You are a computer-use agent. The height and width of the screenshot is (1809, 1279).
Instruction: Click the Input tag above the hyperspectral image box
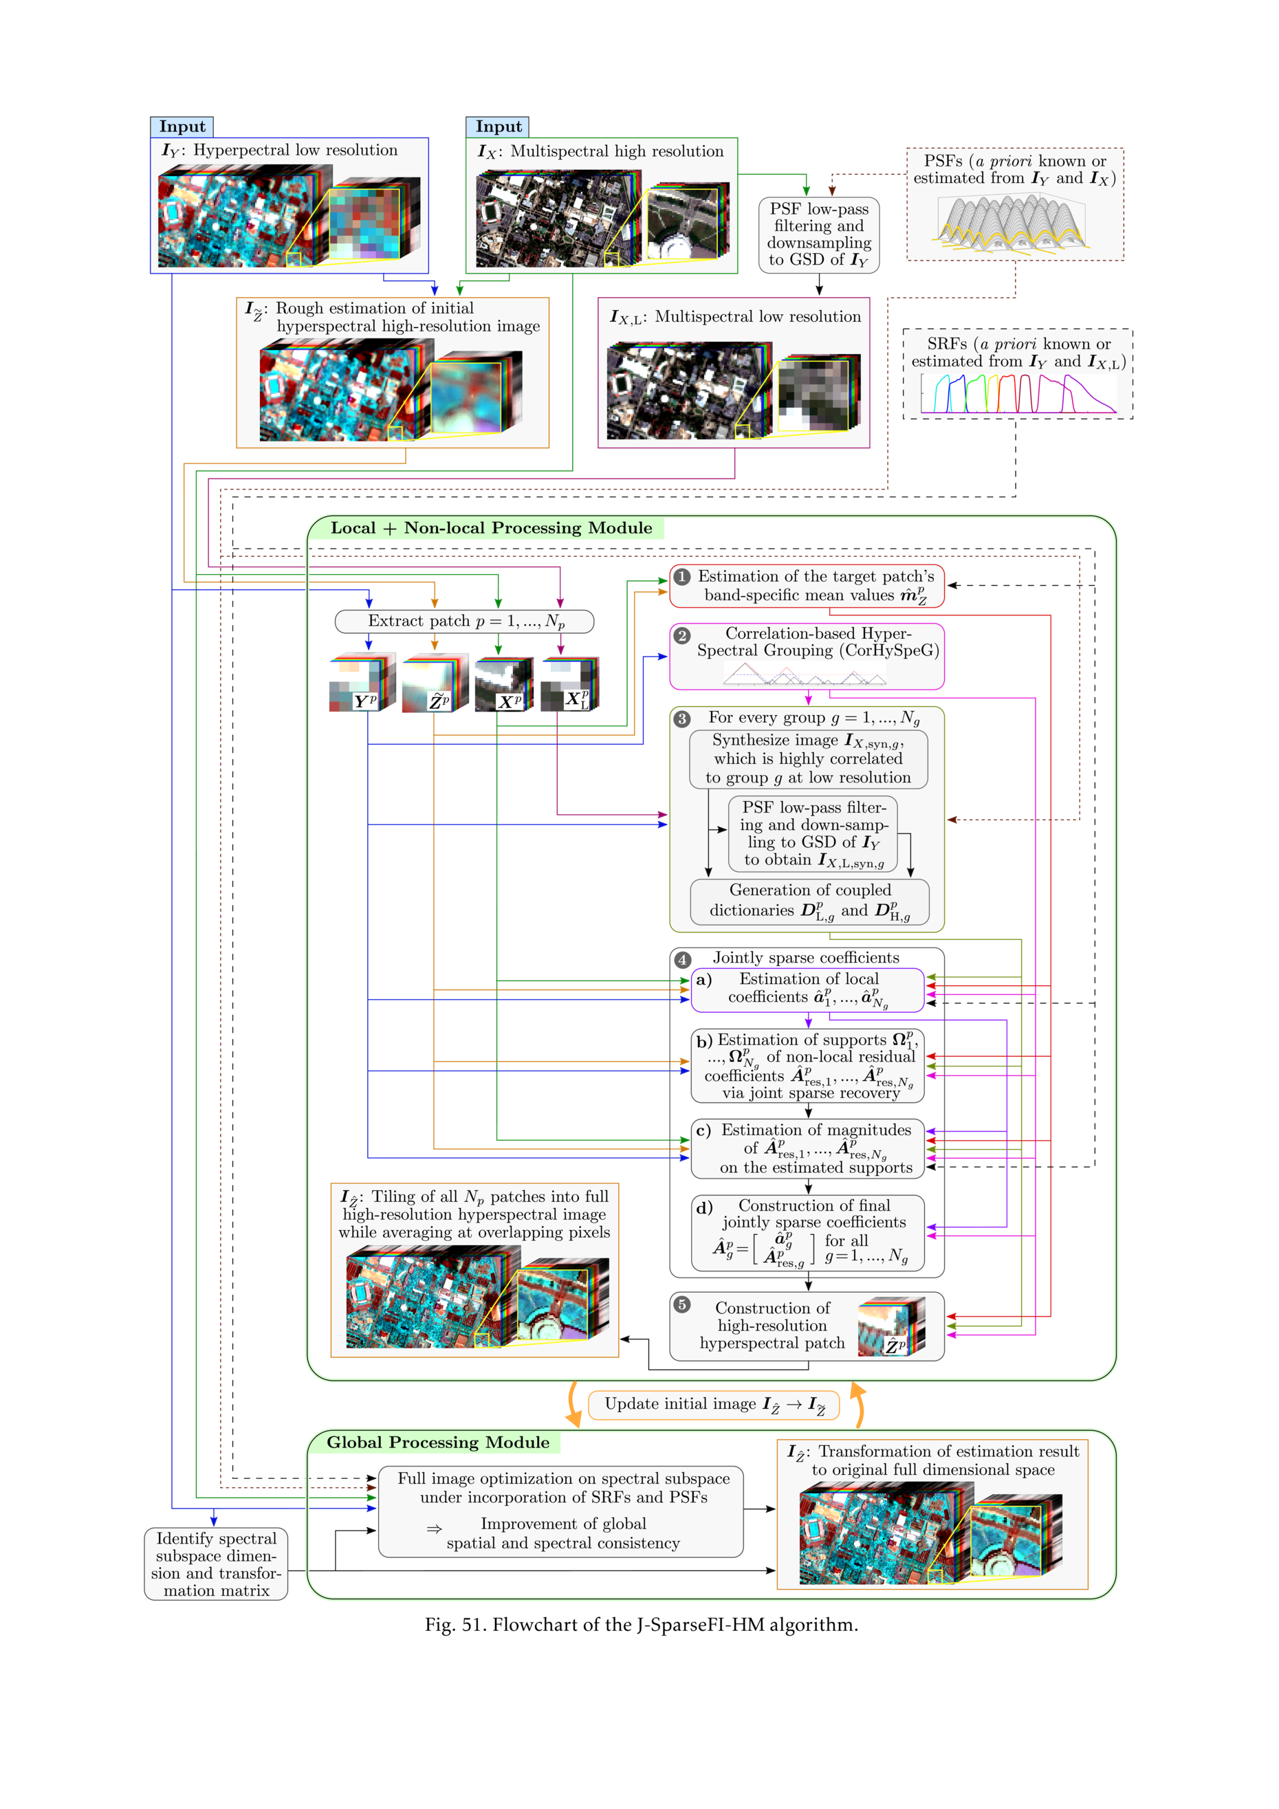[x=182, y=127]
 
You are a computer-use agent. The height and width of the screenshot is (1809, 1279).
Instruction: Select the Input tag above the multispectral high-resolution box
[x=498, y=127]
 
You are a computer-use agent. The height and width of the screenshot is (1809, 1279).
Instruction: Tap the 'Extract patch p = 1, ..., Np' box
[x=465, y=622]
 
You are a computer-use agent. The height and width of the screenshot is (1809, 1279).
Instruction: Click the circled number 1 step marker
[x=682, y=577]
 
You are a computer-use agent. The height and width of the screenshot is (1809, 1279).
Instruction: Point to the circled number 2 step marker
[x=682, y=635]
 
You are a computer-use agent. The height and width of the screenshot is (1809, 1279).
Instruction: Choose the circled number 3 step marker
[x=682, y=719]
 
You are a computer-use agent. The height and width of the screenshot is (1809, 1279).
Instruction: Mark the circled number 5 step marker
[x=682, y=1306]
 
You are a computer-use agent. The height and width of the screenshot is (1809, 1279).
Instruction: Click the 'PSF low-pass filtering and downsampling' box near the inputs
[x=819, y=234]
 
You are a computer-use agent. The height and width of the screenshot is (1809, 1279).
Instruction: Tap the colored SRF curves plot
[x=1018, y=393]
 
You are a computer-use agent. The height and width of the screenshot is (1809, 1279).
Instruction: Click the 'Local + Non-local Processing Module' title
[x=491, y=529]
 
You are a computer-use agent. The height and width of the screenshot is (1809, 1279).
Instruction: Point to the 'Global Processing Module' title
[x=438, y=1443]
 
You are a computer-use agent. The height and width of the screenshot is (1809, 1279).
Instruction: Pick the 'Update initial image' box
[x=714, y=1405]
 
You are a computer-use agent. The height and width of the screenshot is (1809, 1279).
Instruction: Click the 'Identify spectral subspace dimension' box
[x=216, y=1564]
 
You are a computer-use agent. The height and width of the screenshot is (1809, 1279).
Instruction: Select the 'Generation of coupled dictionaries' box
[x=809, y=901]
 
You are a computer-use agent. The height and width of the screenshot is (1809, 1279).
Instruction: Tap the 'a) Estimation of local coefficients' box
[x=808, y=989]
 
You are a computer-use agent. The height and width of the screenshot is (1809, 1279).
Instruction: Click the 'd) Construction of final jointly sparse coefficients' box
[x=808, y=1233]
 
